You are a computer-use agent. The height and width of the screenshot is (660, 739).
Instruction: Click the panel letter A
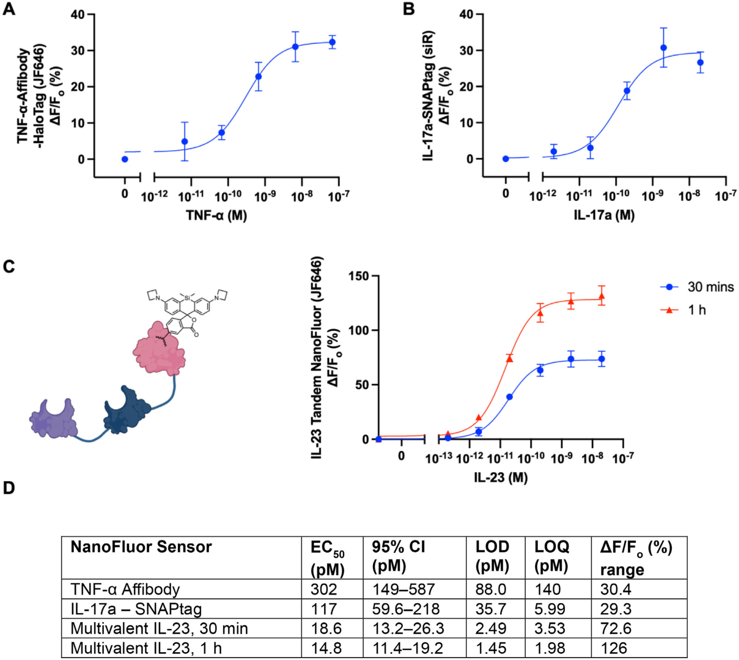click(9, 9)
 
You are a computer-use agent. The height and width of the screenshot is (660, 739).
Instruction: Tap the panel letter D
click(9, 488)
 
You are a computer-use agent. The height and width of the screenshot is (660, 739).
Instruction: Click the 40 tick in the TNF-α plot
click(78, 15)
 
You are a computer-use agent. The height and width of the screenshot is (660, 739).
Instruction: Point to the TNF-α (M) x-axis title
click(216, 215)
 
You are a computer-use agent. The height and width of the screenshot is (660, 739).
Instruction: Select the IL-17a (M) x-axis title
click(604, 215)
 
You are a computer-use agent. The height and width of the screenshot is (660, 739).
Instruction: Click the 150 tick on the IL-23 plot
click(359, 276)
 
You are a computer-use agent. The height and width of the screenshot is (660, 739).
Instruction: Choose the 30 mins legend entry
click(710, 287)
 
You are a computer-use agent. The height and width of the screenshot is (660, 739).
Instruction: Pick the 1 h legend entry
click(697, 310)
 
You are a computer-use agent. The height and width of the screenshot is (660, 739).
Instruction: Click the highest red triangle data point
click(602, 296)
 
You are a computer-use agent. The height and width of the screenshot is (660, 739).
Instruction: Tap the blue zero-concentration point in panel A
click(125, 159)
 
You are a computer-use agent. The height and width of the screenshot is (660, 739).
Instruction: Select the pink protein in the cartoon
click(159, 348)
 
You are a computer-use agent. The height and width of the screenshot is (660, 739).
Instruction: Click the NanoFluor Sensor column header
click(141, 547)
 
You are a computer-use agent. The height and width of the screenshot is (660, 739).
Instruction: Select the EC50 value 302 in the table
click(324, 590)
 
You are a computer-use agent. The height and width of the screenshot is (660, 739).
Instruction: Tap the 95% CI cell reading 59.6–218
click(406, 609)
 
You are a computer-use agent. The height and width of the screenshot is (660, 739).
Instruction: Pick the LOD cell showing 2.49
click(491, 628)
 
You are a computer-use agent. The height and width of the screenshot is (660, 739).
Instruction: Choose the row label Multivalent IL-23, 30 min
click(159, 628)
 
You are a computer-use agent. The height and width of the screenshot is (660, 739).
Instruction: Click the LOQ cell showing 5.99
click(550, 609)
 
